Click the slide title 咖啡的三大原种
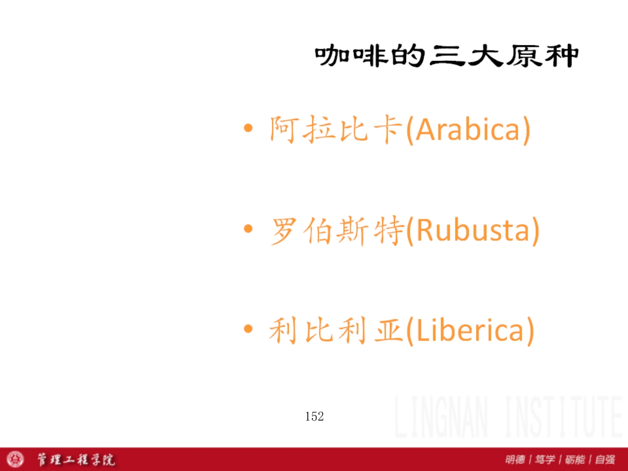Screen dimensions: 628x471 pyautogui.click(x=446, y=55)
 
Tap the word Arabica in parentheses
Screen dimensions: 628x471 pyautogui.click(x=467, y=130)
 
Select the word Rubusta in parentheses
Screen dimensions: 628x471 pyautogui.click(x=473, y=230)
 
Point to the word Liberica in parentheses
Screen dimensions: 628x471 pyautogui.click(x=470, y=331)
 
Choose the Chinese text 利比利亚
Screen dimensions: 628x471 pyautogui.click(x=336, y=330)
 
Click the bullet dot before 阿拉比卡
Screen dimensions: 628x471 pyautogui.click(x=248, y=128)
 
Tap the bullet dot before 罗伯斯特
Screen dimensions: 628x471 pyautogui.click(x=248, y=229)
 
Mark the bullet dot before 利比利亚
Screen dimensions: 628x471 pyautogui.click(x=248, y=329)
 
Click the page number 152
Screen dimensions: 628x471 pyautogui.click(x=315, y=417)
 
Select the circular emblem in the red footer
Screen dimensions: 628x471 pyautogui.click(x=15, y=459)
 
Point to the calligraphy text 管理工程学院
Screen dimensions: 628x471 pyautogui.click(x=76, y=459)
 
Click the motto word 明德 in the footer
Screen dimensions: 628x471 pyautogui.click(x=515, y=459)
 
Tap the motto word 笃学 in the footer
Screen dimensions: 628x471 pyautogui.click(x=545, y=459)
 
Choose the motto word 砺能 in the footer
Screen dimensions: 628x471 pyautogui.click(x=575, y=459)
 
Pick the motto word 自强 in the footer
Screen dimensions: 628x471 pyautogui.click(x=605, y=459)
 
